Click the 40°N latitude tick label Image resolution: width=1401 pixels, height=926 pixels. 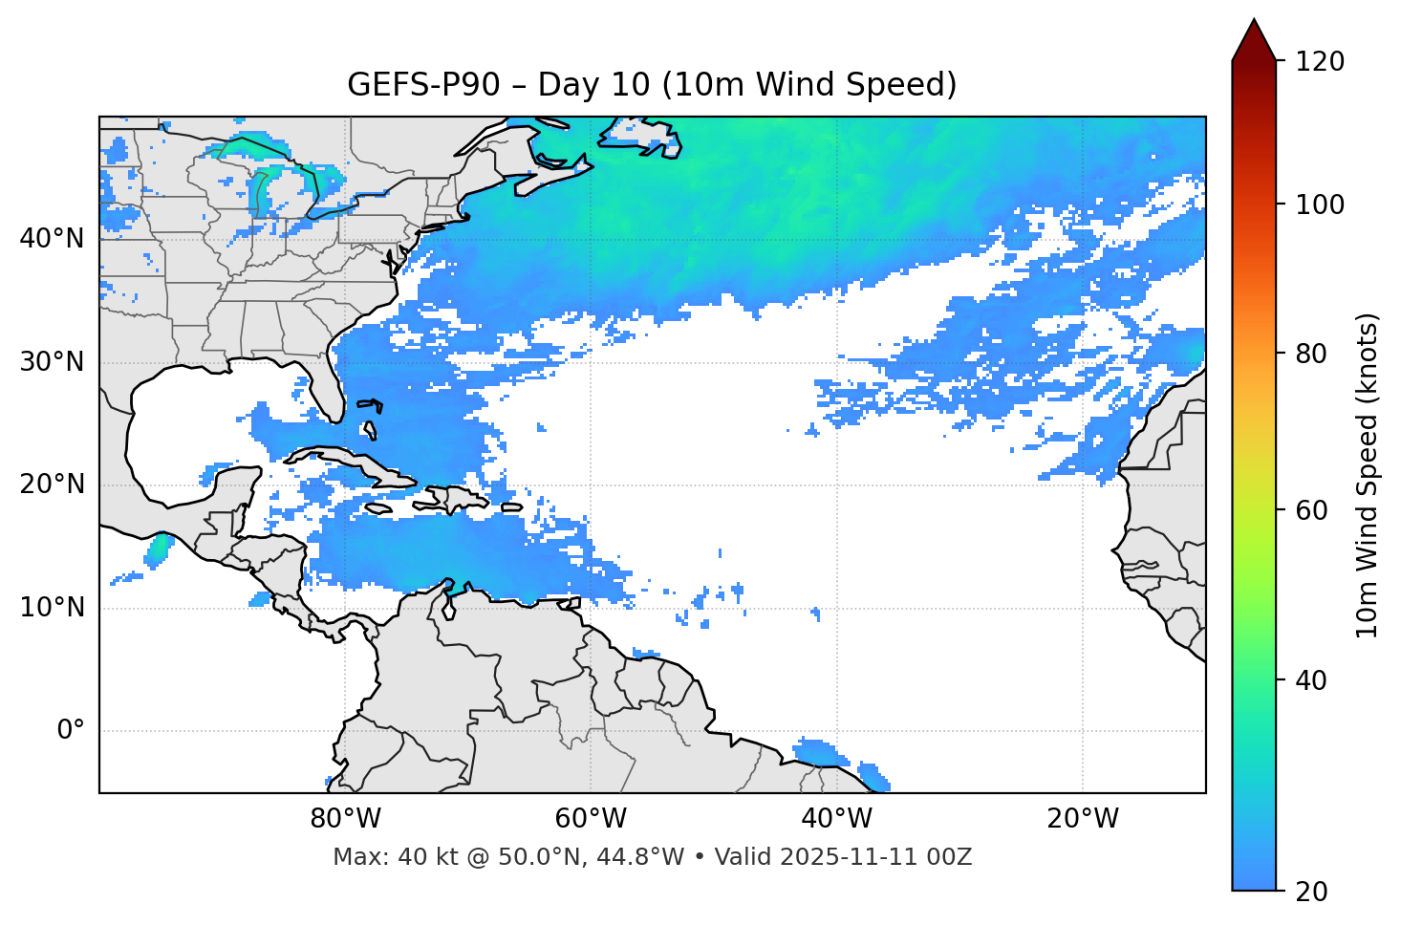click(x=52, y=239)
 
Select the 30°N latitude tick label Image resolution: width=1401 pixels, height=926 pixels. click(x=52, y=362)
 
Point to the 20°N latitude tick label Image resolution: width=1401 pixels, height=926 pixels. click(x=52, y=485)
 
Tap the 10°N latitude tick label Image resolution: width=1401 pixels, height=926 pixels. click(x=52, y=608)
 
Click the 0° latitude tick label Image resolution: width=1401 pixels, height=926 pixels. click(x=71, y=731)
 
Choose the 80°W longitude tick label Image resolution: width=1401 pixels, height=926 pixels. click(x=345, y=819)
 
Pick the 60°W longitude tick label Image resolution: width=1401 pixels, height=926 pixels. click(x=591, y=819)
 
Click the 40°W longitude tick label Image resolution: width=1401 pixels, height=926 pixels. click(x=836, y=819)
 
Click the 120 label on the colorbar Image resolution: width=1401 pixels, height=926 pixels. click(x=1319, y=62)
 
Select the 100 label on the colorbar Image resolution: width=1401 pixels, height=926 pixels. click(x=1319, y=205)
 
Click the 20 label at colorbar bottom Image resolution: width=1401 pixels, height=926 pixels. click(x=1312, y=892)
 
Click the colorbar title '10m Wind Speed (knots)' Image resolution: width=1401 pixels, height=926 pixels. click(x=1368, y=476)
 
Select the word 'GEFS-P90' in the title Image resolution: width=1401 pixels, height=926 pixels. click(x=423, y=85)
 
